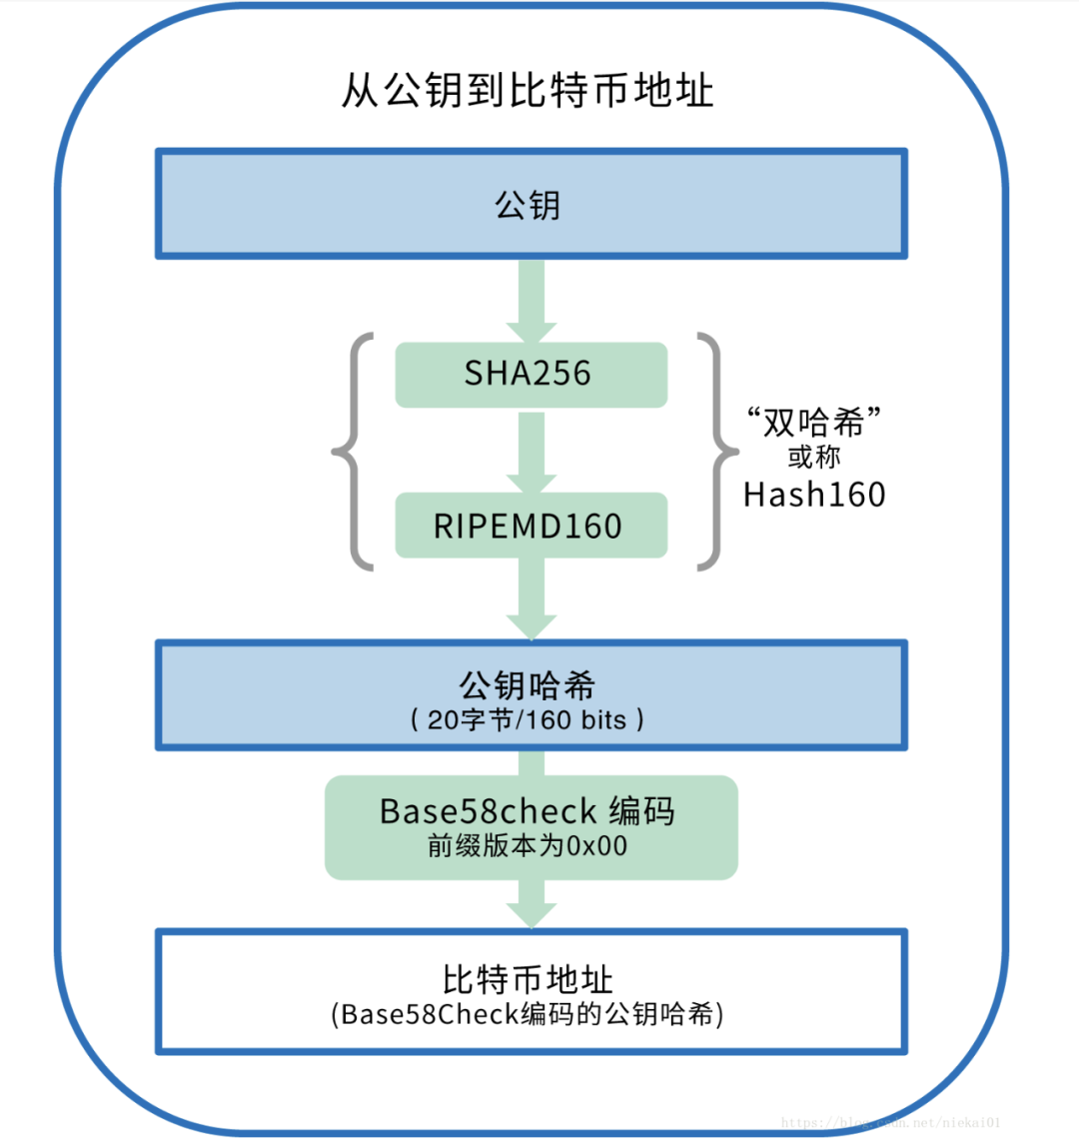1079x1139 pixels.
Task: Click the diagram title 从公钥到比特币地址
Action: (528, 91)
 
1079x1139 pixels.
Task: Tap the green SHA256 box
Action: (531, 375)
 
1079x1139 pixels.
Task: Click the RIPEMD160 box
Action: (531, 526)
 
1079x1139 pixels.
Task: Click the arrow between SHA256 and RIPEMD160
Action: (532, 452)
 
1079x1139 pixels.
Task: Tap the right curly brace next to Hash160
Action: (714, 453)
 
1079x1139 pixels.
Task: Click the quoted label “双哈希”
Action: (813, 422)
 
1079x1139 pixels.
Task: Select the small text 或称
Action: (813, 458)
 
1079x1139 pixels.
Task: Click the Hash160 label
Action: (814, 495)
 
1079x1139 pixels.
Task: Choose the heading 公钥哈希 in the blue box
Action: (528, 684)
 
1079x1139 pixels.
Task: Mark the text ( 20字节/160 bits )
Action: (528, 719)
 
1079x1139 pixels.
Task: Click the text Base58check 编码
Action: (528, 810)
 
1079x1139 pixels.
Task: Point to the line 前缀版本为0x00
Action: (528, 846)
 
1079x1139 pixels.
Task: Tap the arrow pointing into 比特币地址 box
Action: (532, 904)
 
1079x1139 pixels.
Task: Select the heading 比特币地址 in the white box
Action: (528, 979)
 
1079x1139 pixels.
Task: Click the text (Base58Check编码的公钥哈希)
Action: (528, 1014)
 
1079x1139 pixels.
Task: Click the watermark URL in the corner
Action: (889, 1123)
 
